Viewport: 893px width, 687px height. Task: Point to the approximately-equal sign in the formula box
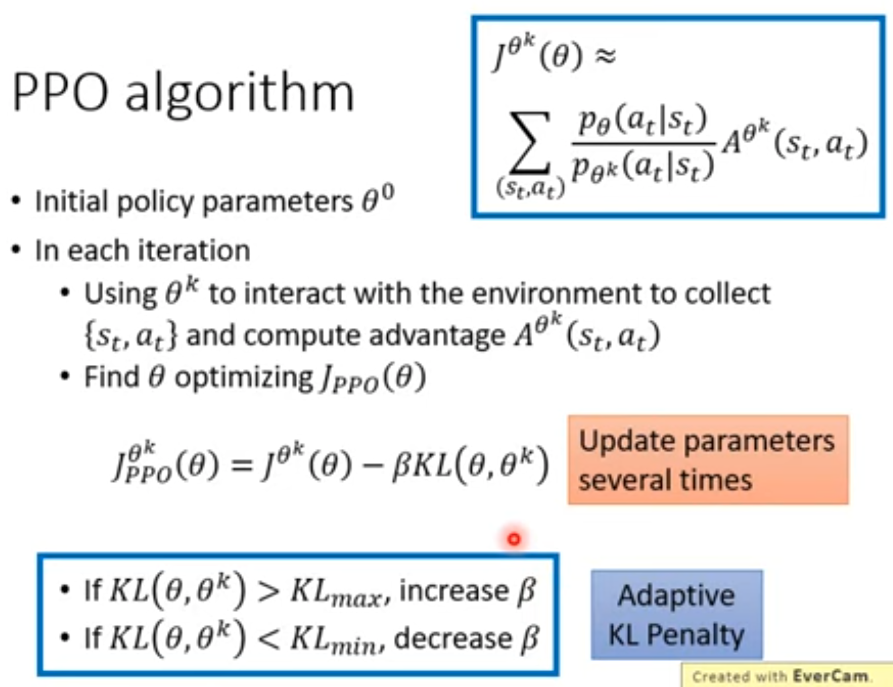point(605,56)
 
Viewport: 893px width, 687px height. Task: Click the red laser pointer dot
point(514,539)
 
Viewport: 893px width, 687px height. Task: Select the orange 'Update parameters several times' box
point(708,459)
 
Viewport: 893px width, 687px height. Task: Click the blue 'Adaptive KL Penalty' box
point(677,614)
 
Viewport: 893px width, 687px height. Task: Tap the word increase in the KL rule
point(454,591)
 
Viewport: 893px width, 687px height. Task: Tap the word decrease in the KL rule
point(453,638)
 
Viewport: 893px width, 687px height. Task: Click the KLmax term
point(337,593)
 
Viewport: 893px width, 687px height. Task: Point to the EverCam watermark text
point(781,676)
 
